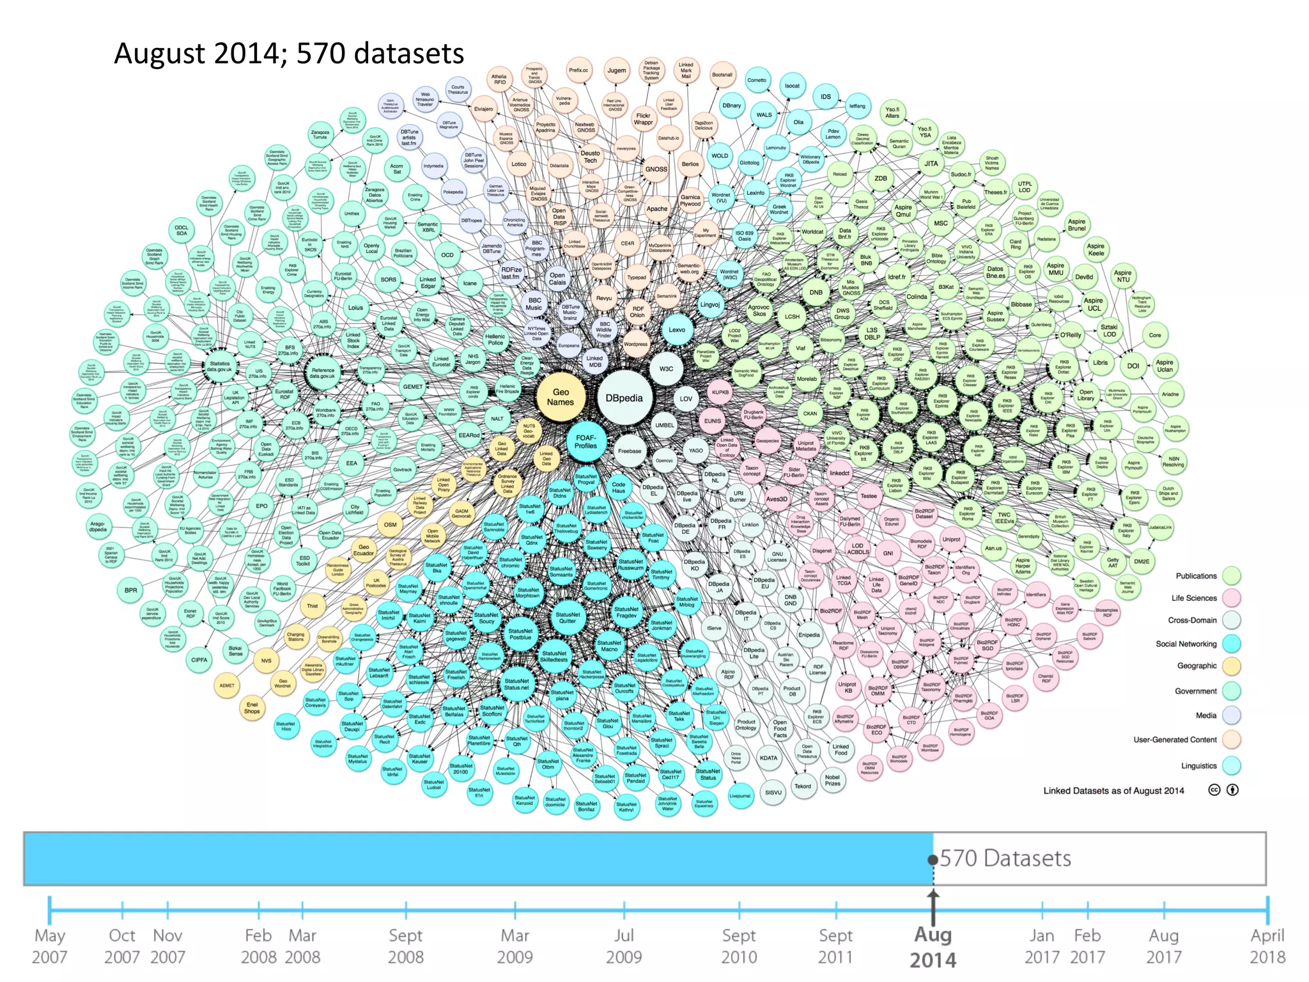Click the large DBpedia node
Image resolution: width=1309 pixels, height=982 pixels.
click(624, 398)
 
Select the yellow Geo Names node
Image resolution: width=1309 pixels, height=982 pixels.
click(560, 397)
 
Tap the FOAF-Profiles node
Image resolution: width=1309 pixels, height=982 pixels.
click(585, 442)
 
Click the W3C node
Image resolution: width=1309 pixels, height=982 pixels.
click(666, 369)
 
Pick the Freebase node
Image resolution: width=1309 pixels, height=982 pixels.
click(629, 451)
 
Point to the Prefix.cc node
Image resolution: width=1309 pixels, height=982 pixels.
click(578, 70)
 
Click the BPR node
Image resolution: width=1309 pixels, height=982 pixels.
click(130, 590)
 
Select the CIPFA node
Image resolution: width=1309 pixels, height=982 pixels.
click(199, 660)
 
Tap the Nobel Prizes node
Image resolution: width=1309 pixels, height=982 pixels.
click(833, 780)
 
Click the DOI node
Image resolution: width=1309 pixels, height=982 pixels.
click(1133, 366)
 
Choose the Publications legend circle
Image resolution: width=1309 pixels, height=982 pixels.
click(1231, 576)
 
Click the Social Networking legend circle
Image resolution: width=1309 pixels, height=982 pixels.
click(1231, 644)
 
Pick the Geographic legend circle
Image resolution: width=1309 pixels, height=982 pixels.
click(1231, 666)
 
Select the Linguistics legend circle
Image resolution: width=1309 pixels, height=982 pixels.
click(1231, 765)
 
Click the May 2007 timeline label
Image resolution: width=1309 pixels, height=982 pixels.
click(50, 946)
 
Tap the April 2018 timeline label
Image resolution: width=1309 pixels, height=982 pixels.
click(1267, 946)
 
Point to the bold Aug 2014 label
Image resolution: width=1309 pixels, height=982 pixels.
click(933, 947)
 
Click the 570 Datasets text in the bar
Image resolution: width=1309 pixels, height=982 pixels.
click(1005, 858)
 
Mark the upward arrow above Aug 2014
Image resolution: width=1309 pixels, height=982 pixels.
click(933, 903)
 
